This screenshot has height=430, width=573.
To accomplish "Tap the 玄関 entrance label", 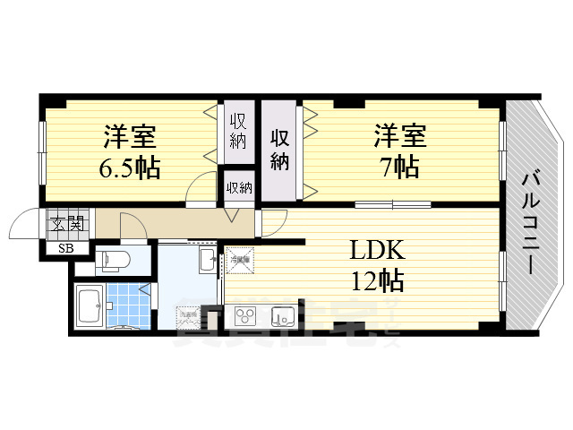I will (66, 223).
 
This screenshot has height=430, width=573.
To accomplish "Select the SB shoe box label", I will (65, 248).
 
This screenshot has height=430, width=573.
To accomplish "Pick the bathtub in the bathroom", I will (90, 307).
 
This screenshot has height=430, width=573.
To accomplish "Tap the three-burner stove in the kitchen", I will (244, 315).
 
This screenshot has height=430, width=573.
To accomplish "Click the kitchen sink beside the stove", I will (281, 315).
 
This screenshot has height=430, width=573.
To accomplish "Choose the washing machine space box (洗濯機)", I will (187, 316).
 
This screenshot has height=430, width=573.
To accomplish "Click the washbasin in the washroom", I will (207, 262).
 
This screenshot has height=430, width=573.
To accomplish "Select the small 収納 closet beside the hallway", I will (238, 188).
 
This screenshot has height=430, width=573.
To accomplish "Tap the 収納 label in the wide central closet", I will (280, 150).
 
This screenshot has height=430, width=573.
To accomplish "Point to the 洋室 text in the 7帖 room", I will (400, 138).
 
